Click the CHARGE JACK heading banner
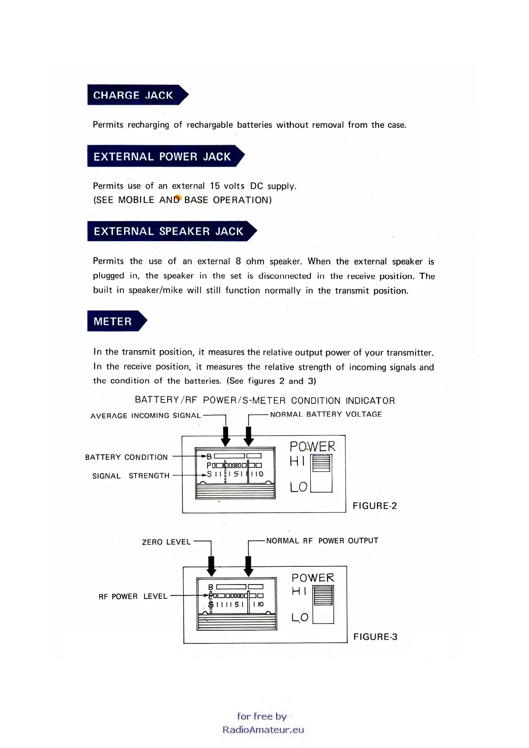click(133, 95)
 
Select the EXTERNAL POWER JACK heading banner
click(162, 156)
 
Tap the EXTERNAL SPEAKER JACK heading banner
click(168, 231)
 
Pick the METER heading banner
click(113, 321)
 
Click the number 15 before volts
click(215, 186)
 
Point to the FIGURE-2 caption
click(375, 505)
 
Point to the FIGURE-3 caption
click(375, 637)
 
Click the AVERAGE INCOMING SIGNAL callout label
click(146, 415)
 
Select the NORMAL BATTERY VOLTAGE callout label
click(326, 414)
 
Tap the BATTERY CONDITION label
click(127, 457)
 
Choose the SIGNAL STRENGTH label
click(131, 476)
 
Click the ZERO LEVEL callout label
click(166, 542)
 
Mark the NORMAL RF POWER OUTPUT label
click(322, 541)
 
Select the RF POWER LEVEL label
click(133, 596)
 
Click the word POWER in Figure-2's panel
click(313, 446)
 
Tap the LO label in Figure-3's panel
click(300, 617)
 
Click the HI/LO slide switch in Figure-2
click(321, 473)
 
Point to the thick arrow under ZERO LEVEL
click(212, 566)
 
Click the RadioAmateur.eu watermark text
click(263, 729)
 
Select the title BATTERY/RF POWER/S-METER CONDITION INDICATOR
click(265, 400)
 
